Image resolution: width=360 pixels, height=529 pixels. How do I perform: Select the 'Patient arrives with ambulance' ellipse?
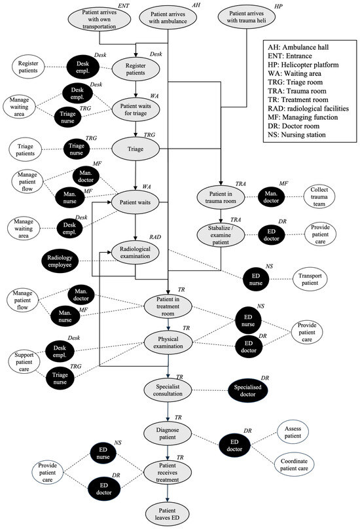coord(170,18)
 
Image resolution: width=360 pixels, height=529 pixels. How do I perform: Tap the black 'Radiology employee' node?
coord(67,261)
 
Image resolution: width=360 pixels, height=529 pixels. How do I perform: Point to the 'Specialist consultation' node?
coord(169,389)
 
